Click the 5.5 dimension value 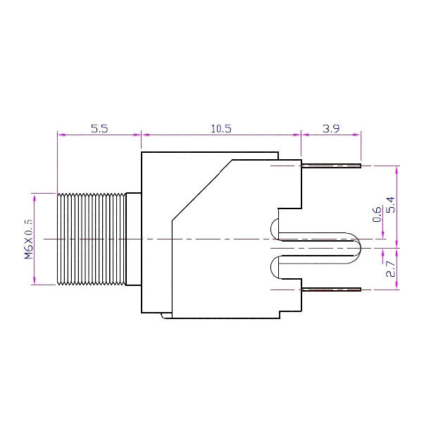coord(99,129)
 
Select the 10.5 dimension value coord(221,129)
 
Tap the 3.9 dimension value coord(331,129)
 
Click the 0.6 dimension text coord(377,213)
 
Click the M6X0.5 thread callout coord(29,239)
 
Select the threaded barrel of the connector coord(89,239)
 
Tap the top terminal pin coord(331,166)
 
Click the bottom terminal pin coord(331,289)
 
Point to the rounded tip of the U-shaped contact coord(356,247)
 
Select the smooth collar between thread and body coord(133,239)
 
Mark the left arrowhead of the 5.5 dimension coord(59,134)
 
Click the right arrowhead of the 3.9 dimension coord(359,134)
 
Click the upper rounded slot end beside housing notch coord(273,228)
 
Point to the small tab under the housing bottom coord(166,316)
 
